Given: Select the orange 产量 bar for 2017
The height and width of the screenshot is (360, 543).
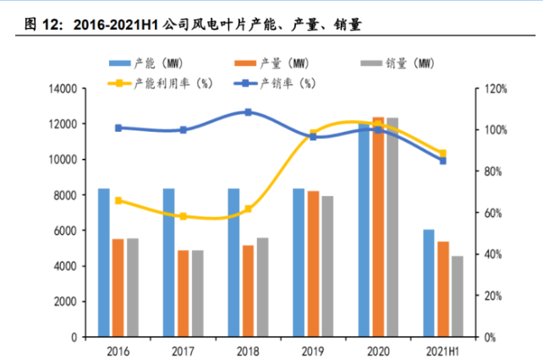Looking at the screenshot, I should tap(183, 293).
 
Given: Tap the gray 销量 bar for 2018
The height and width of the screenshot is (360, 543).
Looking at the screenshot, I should tap(262, 287).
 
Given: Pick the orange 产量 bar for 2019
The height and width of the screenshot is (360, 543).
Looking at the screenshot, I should tap(313, 264).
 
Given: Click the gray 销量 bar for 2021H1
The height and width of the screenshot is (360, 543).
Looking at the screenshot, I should tap(458, 296).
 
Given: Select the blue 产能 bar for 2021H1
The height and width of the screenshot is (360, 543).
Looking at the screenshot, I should tap(430, 283).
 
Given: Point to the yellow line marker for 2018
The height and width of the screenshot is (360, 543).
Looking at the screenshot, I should tap(248, 208).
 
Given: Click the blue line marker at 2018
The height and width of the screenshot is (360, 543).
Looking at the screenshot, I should tap(248, 112).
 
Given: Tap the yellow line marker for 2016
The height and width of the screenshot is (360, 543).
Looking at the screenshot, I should tap(118, 200).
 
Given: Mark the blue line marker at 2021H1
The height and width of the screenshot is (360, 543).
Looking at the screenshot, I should tap(443, 161).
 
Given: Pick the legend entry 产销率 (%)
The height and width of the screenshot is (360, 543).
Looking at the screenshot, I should tap(288, 82).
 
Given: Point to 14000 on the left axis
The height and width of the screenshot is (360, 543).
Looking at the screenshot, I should tap(64, 88).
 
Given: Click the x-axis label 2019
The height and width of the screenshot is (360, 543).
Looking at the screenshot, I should tap(313, 349).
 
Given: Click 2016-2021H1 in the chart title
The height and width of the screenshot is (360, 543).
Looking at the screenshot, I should tap(117, 26).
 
